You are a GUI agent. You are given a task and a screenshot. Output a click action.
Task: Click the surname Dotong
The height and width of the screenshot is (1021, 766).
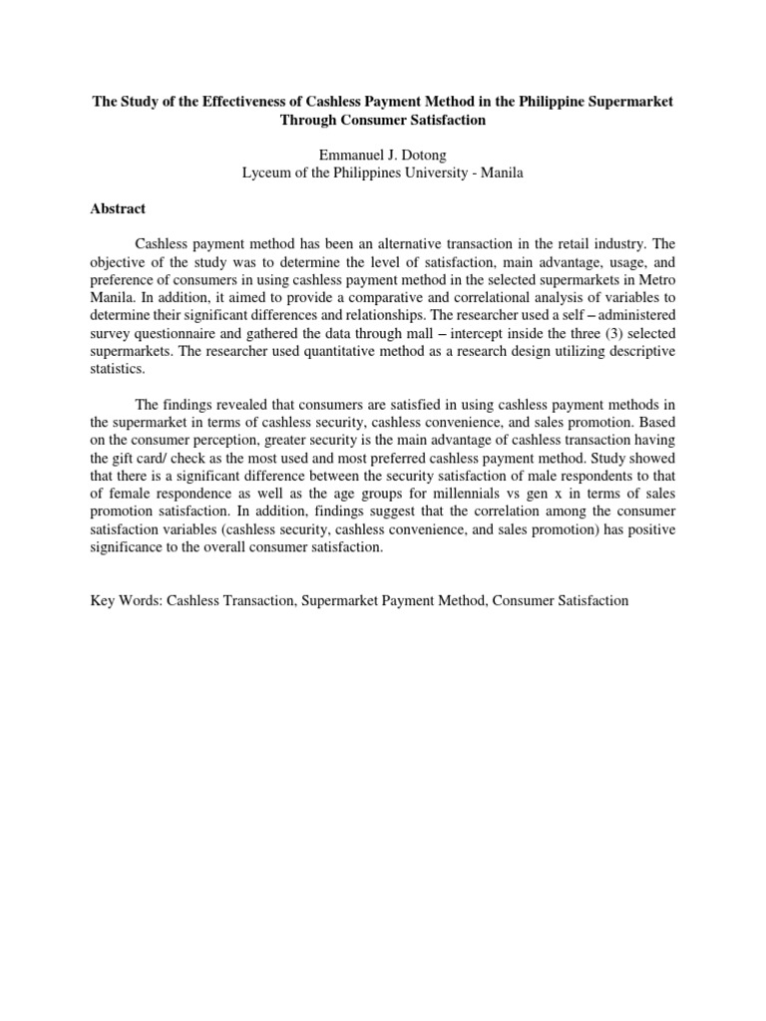(428, 155)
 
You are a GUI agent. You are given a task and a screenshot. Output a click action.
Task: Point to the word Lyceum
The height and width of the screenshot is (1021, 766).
(268, 172)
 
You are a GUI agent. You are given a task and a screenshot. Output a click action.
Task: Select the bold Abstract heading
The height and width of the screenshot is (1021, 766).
(118, 208)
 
